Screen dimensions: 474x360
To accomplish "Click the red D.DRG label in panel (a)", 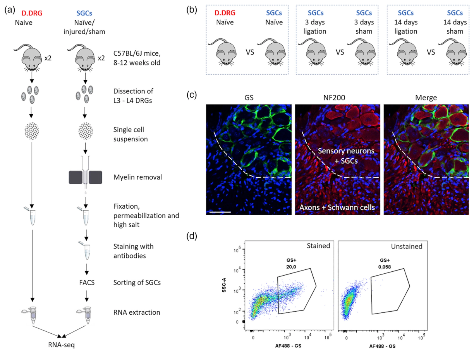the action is pos(32,13).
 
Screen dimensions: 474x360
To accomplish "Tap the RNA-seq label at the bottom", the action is pos(61,345).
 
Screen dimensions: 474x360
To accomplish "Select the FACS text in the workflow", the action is pos(87,283).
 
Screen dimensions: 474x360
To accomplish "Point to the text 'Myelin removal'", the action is pos(137,177).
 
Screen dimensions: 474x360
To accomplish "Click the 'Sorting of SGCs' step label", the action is pos(137,283).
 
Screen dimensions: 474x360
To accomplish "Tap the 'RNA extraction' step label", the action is pos(137,312).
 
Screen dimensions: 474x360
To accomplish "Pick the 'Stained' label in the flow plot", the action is pos(318,246).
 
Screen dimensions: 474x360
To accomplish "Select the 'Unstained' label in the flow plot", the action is pos(406,246).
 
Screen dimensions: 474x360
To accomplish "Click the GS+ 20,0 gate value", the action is pos(291,264).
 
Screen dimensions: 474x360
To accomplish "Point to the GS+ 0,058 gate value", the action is pos(385,264).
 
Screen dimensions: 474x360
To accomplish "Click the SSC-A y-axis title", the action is pos(224,285).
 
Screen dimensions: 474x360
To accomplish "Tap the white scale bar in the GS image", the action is pos(220,212).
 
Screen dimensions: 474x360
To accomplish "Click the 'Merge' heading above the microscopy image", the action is pos(426,98).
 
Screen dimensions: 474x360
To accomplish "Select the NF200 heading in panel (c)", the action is pos(334,98).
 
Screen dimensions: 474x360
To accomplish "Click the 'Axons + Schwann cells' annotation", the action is pos(337,207).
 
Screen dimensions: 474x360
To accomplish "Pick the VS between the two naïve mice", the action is pos(250,52).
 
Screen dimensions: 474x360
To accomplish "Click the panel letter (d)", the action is pos(192,237).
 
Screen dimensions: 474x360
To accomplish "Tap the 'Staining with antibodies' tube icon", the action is pos(86,250).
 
